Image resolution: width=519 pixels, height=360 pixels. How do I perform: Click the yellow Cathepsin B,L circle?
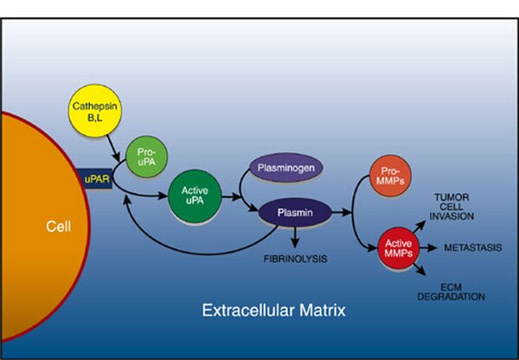tap(95, 111)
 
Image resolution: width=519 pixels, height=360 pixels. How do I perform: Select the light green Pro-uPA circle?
tap(147, 157)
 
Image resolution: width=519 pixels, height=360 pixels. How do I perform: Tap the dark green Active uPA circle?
tap(195, 196)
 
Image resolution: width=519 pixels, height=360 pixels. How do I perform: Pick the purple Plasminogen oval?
tap(286, 168)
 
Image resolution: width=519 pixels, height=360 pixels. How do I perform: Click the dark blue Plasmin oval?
tap(295, 212)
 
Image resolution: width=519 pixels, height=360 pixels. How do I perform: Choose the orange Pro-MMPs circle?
tap(390, 176)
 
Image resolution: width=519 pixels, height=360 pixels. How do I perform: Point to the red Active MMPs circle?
tap(399, 248)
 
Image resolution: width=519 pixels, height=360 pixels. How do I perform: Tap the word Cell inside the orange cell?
tap(58, 227)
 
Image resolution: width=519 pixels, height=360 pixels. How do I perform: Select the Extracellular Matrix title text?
tap(273, 311)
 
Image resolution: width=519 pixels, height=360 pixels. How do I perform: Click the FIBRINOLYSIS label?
tap(295, 259)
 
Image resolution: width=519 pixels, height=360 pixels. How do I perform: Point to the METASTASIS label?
tap(472, 247)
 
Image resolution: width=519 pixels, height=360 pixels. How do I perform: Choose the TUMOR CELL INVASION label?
tap(452, 207)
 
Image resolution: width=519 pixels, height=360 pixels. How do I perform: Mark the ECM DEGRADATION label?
tap(451, 292)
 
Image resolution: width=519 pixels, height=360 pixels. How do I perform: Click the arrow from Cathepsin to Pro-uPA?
tap(113, 148)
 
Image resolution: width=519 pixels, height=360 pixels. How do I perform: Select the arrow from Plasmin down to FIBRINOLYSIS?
tap(295, 237)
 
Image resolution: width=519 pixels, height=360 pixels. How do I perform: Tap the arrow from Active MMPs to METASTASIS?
tap(428, 247)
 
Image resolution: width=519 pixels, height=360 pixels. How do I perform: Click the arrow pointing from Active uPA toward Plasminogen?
tap(231, 197)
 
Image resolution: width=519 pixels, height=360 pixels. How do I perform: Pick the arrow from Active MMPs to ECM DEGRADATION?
tap(420, 269)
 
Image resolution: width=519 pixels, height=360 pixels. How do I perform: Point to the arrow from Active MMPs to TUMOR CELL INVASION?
tap(419, 227)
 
